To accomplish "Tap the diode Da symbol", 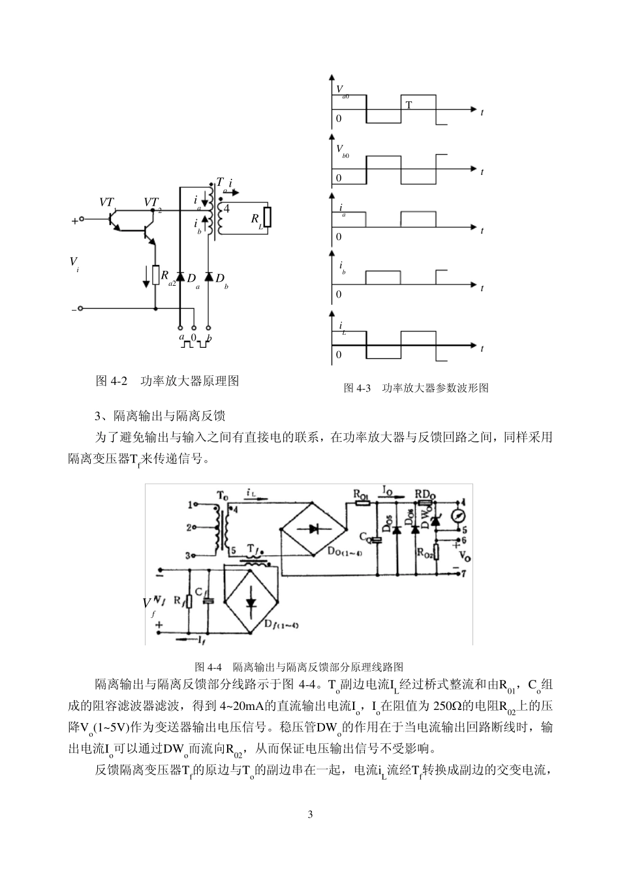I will (180, 277).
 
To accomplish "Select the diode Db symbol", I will (209, 277).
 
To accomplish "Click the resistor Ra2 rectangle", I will (155, 275).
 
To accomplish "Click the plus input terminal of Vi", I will (81, 221).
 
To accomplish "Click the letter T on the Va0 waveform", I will (409, 104).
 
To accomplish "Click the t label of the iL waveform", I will (482, 348).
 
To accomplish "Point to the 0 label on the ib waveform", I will (339, 295).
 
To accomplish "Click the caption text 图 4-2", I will (111, 381).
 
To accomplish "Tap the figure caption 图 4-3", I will (357, 388).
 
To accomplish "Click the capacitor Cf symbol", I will (208, 600).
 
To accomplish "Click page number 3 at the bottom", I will (310, 814).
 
